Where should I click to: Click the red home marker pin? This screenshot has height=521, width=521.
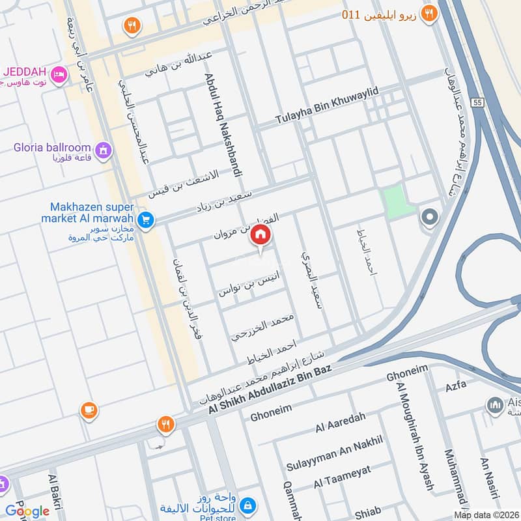(x=260, y=235)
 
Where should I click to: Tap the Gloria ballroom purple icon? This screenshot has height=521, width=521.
(x=102, y=151)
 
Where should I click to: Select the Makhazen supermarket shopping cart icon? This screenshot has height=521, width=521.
(x=146, y=220)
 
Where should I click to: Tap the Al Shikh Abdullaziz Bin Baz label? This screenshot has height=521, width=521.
(x=270, y=388)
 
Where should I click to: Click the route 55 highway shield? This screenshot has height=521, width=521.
(x=478, y=102)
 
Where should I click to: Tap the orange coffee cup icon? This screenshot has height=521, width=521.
(x=89, y=410)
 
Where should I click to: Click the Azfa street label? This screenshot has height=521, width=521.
(x=456, y=385)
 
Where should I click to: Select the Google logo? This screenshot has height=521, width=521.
(x=27, y=511)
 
